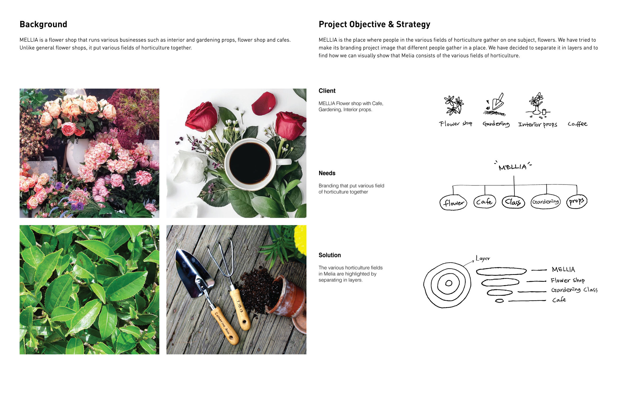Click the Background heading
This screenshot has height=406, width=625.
(43, 24)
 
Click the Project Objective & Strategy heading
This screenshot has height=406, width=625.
(374, 24)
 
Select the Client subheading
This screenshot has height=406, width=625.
(327, 91)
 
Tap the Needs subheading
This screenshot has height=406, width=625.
(327, 173)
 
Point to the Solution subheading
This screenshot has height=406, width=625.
(329, 255)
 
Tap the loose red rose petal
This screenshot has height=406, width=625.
(263, 103)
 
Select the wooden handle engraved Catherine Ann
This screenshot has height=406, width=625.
(224, 325)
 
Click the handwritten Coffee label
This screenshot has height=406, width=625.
(577, 124)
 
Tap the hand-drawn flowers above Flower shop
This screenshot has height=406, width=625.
(454, 105)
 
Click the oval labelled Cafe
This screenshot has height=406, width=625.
(485, 202)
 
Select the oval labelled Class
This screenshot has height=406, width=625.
(513, 202)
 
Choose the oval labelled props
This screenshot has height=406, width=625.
(577, 202)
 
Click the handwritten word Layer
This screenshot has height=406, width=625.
(483, 258)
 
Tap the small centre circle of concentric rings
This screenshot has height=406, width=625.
(449, 283)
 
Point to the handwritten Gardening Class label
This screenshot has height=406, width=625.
(574, 290)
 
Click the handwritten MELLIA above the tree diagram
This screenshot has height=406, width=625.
(512, 167)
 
